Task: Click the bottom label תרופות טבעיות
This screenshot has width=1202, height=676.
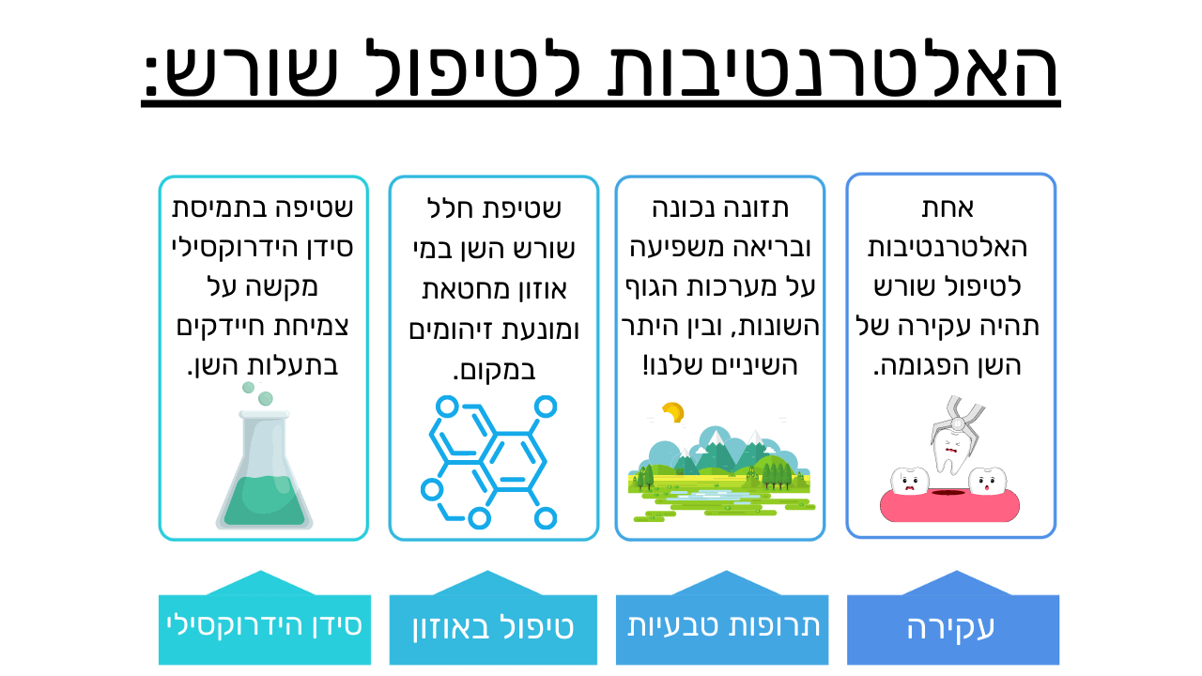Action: point(723,625)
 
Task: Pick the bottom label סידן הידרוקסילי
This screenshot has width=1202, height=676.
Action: point(264,625)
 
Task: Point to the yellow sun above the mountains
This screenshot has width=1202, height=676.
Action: point(673,412)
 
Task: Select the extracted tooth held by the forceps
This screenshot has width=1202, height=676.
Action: point(949,453)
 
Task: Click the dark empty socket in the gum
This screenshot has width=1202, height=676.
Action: point(948,492)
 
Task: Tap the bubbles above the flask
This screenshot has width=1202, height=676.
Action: point(257,393)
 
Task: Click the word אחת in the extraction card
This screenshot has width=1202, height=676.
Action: point(948,207)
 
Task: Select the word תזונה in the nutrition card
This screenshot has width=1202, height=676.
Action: point(762,207)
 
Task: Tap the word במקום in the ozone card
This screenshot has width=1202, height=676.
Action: point(494,370)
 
